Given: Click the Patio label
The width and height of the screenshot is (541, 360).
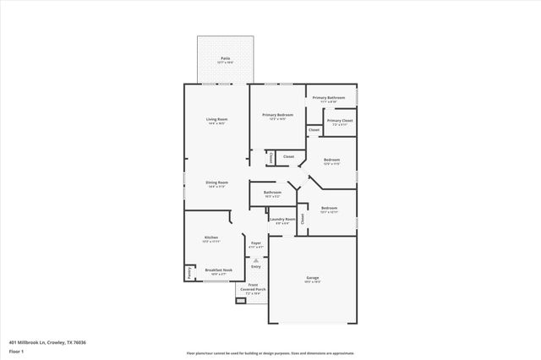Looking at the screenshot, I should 226,58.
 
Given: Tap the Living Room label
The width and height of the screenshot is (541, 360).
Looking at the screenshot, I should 217,119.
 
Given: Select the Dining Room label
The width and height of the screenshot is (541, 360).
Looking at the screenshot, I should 217,183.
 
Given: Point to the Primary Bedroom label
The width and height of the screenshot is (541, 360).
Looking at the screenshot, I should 277,115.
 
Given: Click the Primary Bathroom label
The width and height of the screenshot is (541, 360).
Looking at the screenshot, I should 331,98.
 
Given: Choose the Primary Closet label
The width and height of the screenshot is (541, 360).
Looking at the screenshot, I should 340,121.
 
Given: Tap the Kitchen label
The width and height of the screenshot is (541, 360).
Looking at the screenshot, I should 211,237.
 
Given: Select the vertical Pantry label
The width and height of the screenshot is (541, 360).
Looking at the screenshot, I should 189,273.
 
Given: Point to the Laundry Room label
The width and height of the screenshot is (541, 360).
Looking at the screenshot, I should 282,220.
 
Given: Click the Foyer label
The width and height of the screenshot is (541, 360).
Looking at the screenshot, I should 255,243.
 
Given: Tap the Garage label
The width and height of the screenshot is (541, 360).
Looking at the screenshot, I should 312,278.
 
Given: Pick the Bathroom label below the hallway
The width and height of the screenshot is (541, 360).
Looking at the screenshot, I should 272,193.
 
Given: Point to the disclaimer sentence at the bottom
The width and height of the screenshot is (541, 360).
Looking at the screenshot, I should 270,353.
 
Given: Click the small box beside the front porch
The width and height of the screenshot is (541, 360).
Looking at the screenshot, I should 241,299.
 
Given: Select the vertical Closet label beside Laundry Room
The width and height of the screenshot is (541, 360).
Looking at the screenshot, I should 303,219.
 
